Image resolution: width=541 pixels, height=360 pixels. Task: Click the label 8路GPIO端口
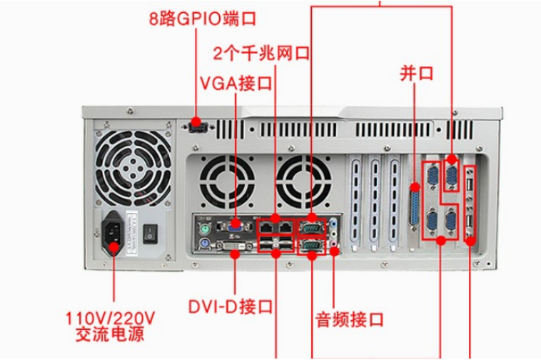coord(201,18)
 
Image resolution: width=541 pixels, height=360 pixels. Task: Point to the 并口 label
coord(417,72)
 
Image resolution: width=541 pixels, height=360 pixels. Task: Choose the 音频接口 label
coord(349,317)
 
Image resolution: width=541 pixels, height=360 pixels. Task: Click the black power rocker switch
coord(151,232)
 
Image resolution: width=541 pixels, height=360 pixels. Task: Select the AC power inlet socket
coord(114,234)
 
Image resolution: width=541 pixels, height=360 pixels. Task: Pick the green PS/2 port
coord(205,229)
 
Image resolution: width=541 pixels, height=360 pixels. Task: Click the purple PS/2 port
coord(205,248)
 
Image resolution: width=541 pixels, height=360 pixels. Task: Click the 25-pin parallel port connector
coord(415,209)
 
